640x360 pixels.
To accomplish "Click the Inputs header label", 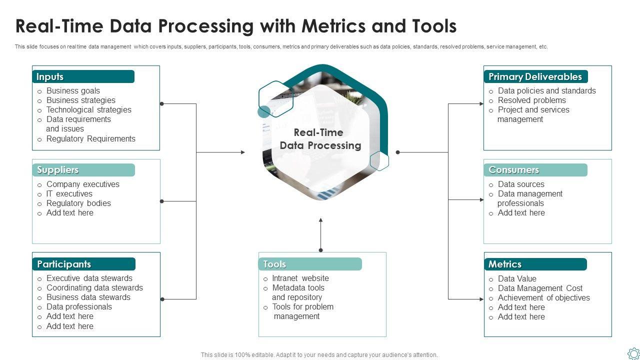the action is coord(49,76).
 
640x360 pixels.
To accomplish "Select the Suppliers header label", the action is coord(57,170).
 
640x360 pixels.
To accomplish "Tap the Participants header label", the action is coord(64,264).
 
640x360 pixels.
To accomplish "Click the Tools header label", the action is coord(274,264).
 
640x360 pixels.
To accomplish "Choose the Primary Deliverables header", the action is coord(535,76).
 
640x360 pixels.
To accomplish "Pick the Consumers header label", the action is coord(513,169).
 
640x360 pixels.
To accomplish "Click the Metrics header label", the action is coord(505,264).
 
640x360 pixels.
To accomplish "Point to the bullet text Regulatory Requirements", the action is coord(91,139).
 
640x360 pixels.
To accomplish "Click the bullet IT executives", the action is coord(69,193).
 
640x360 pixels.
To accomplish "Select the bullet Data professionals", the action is coord(79,307).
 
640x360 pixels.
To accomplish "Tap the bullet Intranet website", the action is coord(300,278).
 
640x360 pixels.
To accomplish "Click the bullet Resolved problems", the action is coord(531,100).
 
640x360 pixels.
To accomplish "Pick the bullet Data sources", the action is coord(521,184).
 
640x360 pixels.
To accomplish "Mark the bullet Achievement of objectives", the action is coord(543,297).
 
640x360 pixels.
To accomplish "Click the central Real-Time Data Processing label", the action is coord(320,139).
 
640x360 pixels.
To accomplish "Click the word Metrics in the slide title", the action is coord(333,26).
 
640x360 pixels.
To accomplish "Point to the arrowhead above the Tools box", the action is coord(320,220).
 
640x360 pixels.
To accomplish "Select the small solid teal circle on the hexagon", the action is coord(264,111).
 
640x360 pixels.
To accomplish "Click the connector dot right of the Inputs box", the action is coord(161,103).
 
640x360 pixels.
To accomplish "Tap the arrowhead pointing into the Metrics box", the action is coord(481,299).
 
